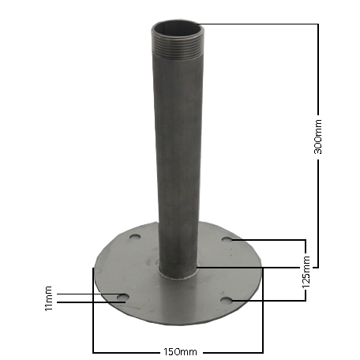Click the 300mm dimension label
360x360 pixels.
pyautogui.click(x=317, y=136)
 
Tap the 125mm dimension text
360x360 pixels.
pyautogui.click(x=305, y=269)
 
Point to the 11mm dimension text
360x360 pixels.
pyautogui.click(x=49, y=298)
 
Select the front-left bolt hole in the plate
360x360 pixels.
pyautogui.click(x=122, y=298)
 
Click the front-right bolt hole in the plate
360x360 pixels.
pyautogui.click(x=227, y=300)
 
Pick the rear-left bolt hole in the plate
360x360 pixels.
pyautogui.click(x=135, y=236)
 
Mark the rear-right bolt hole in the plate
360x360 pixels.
pyautogui.click(x=227, y=238)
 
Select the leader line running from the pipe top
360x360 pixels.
pyautogui.click(x=261, y=24)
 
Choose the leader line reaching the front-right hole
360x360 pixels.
pyautogui.click(x=268, y=300)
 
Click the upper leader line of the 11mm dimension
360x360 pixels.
pyautogui.click(x=87, y=294)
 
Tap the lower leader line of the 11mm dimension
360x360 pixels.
pyautogui.click(x=87, y=302)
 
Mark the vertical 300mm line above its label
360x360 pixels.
pyautogui.click(x=317, y=71)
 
